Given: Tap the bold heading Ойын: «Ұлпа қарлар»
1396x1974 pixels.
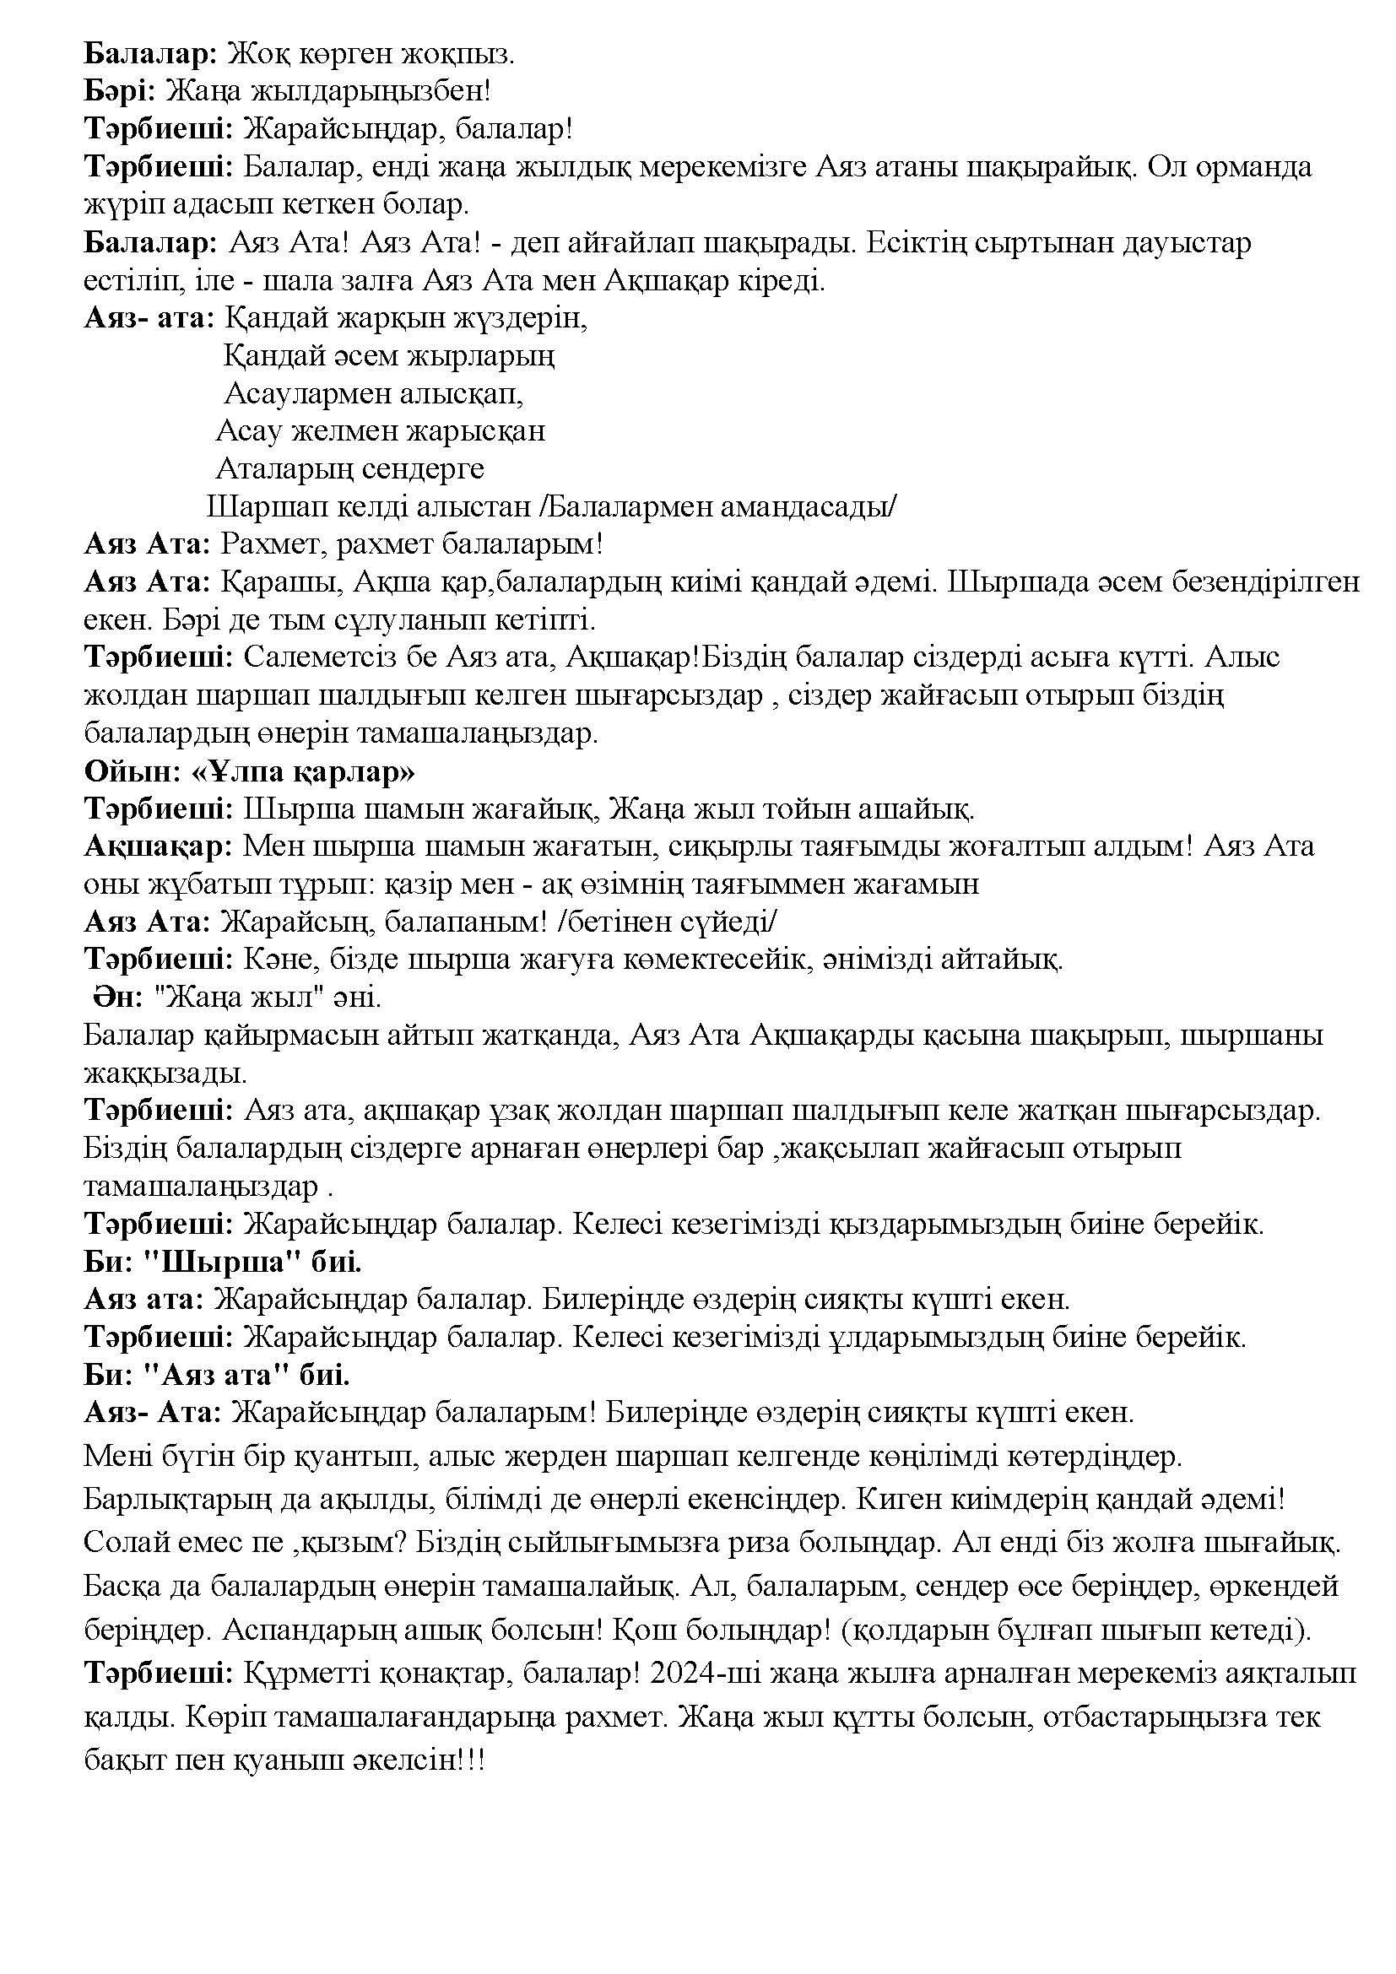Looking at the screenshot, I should (249, 772).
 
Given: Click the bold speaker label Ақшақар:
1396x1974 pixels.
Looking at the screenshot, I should (159, 846).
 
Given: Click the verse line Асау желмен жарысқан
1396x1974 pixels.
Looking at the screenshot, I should (380, 430).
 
